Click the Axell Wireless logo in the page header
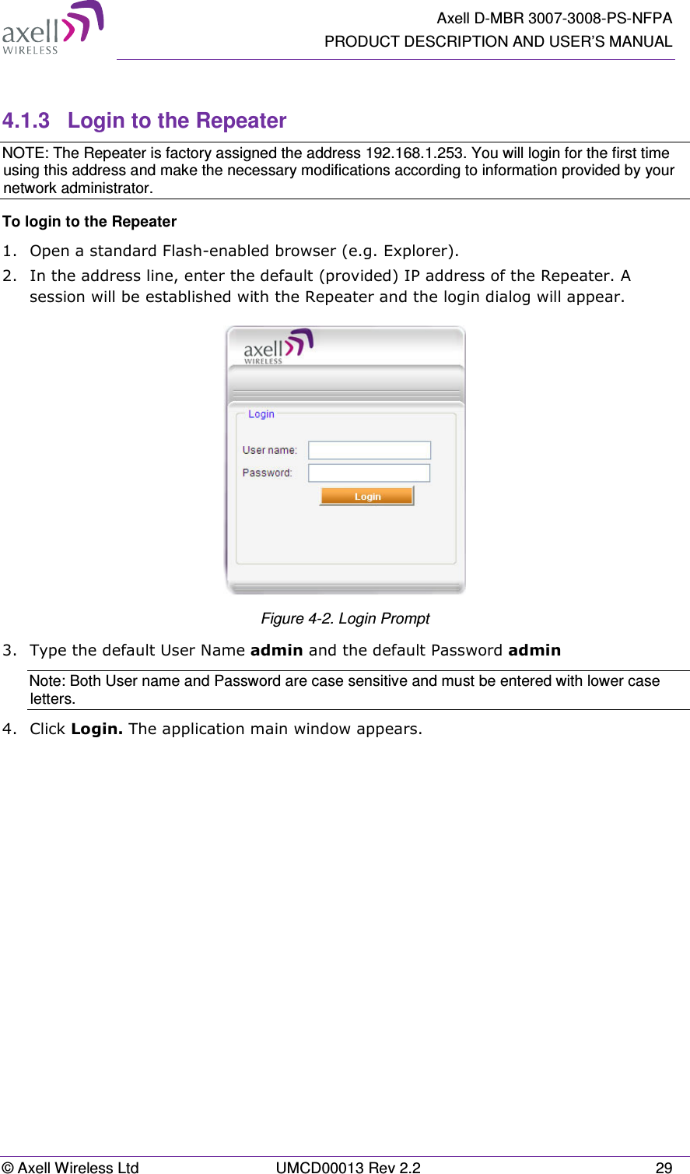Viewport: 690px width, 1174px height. [x=52, y=28]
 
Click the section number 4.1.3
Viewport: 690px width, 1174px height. [x=26, y=121]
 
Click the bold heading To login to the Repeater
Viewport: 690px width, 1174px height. [x=89, y=222]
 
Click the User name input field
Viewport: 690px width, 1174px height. [x=370, y=450]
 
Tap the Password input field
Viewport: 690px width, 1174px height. [x=370, y=473]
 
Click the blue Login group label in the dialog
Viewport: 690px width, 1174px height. [x=261, y=414]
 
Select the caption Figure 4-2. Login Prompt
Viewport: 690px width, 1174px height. [x=345, y=619]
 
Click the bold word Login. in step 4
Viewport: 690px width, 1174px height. [x=96, y=729]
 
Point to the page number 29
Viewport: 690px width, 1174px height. [x=664, y=1167]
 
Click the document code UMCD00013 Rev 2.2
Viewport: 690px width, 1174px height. [x=348, y=1167]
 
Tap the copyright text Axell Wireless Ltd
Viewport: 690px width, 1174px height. [x=77, y=1167]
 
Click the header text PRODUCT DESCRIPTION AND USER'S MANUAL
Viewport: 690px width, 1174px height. [x=498, y=41]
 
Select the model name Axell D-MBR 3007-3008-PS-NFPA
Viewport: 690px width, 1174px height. [x=554, y=18]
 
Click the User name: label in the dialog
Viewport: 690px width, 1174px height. [x=269, y=450]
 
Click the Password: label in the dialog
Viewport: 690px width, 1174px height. [x=267, y=473]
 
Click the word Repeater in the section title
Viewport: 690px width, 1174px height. [x=241, y=121]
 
